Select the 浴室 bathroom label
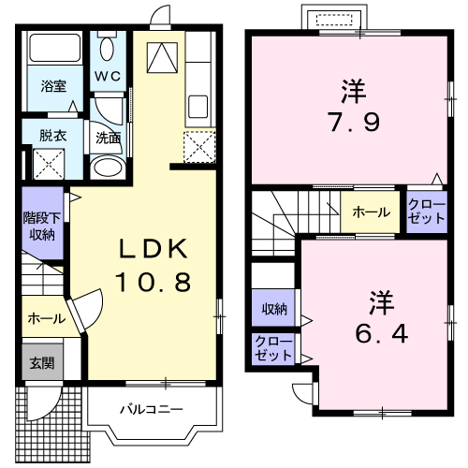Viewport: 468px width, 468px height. (x=52, y=85)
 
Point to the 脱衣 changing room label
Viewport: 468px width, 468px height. (x=52, y=135)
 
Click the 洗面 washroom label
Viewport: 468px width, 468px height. (x=108, y=137)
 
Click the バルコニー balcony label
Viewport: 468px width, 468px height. (x=150, y=409)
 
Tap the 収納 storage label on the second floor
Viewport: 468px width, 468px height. (x=273, y=309)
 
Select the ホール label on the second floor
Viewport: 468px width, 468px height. (x=371, y=212)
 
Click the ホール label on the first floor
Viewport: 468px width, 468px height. (x=45, y=318)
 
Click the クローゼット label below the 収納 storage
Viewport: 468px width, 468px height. (x=272, y=351)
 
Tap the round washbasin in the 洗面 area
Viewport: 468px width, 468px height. (x=106, y=168)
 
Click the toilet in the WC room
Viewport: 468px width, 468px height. (x=108, y=49)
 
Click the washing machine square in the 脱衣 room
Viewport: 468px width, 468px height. (x=48, y=164)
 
